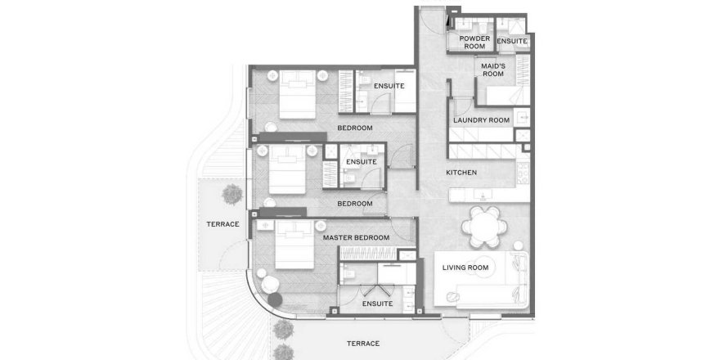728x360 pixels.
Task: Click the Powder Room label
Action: click(x=474, y=43)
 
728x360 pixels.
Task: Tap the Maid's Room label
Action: click(x=493, y=70)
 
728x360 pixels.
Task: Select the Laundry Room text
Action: click(x=482, y=120)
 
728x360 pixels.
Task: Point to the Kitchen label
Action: click(x=461, y=173)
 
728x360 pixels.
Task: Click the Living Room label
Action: click(x=465, y=268)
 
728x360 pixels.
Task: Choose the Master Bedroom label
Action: click(x=356, y=238)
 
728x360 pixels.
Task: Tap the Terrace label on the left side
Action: click(x=222, y=224)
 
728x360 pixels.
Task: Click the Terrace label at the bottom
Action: click(x=363, y=344)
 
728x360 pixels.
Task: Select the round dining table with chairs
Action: click(x=484, y=227)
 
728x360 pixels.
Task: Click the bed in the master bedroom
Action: click(x=294, y=245)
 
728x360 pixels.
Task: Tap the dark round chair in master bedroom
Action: click(x=275, y=299)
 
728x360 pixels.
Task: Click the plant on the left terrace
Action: click(x=232, y=194)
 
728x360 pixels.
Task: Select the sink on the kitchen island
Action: click(x=483, y=195)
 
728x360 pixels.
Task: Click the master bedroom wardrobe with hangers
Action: click(x=369, y=254)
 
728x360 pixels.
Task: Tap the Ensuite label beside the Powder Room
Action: click(x=512, y=41)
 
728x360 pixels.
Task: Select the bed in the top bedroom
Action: click(x=297, y=94)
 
